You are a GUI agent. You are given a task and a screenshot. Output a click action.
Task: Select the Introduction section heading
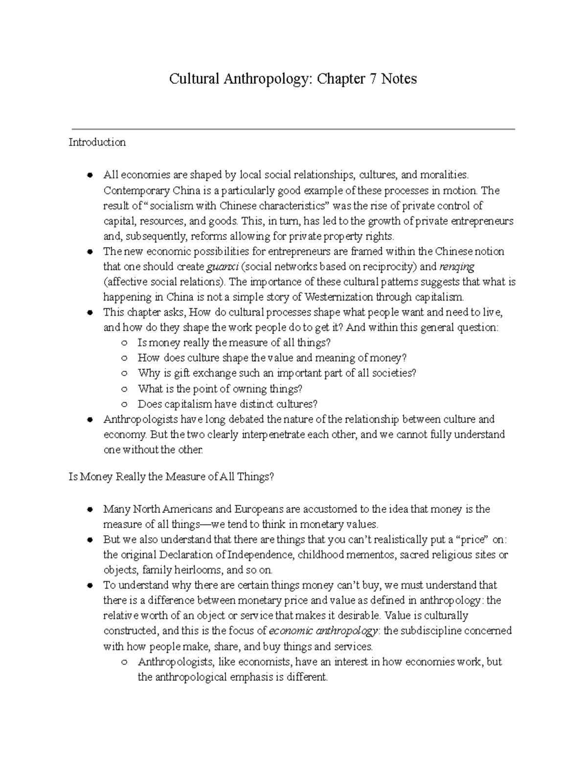[97, 142]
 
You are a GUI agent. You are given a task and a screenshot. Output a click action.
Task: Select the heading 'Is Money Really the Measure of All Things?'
[171, 477]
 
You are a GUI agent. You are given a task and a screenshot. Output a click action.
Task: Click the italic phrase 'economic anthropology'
[323, 631]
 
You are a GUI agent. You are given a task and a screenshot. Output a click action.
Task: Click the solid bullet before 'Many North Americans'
[90, 509]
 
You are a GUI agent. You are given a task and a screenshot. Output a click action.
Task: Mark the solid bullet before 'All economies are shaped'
[90, 175]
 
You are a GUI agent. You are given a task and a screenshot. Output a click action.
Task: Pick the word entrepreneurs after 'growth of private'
[481, 221]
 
